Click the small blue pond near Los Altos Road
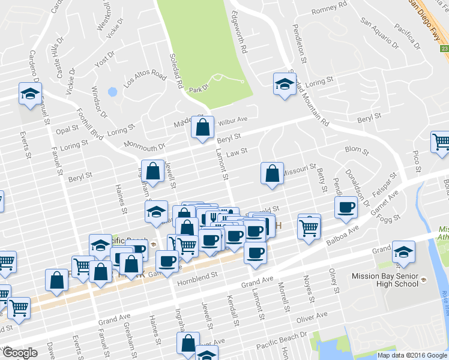coord(111,92)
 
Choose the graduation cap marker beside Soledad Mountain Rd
coord(285,83)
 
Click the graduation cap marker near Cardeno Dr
coord(29,92)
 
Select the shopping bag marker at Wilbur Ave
coord(203,127)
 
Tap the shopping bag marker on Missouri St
coord(272,173)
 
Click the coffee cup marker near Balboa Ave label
coord(345,207)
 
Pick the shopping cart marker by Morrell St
coord(309,227)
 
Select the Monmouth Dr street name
coord(144,146)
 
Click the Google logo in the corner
coord(20,353)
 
